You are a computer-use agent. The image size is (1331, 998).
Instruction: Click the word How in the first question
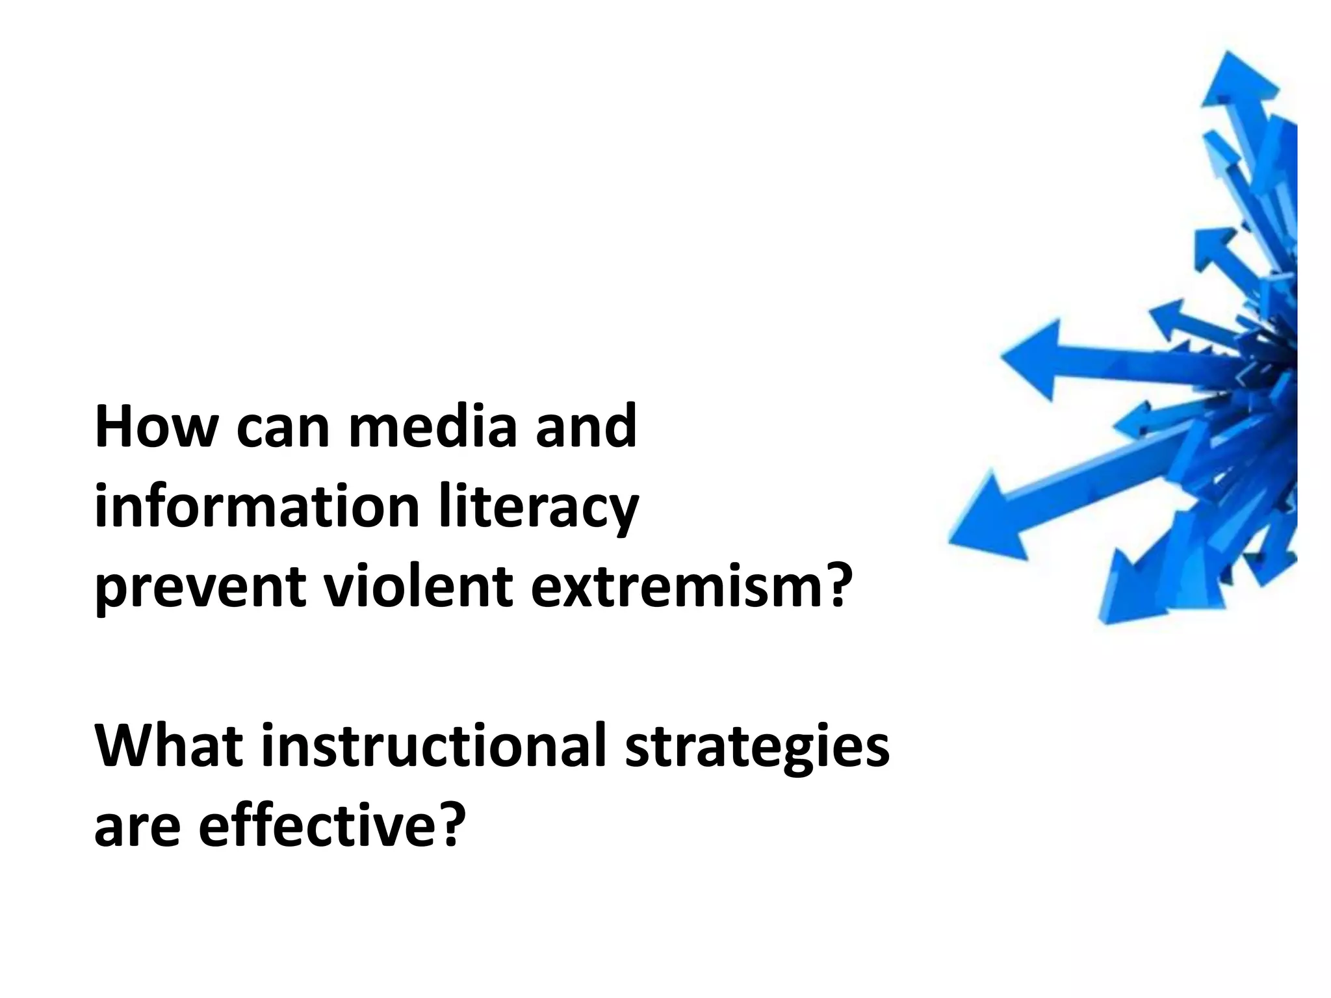click(155, 427)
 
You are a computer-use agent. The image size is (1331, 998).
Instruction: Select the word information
click(256, 507)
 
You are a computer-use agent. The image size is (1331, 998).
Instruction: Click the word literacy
click(538, 508)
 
